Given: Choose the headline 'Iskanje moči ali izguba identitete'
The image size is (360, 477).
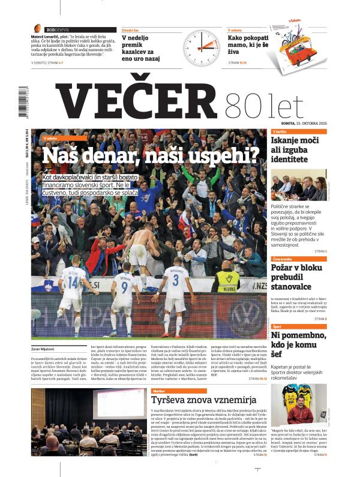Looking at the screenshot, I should click(298, 151).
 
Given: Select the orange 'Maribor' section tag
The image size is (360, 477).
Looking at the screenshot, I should click(159, 391).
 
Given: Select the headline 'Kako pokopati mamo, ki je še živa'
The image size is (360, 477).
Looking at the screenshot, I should click(246, 47).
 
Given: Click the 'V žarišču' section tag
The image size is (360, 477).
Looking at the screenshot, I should click(280, 131).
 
